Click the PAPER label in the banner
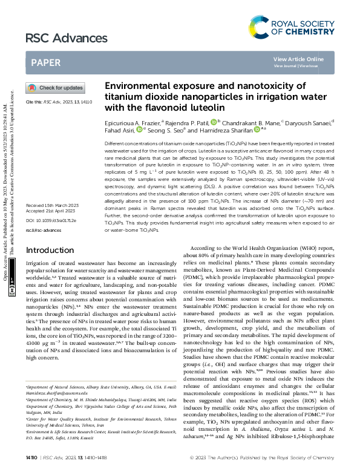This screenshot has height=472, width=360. [45, 62]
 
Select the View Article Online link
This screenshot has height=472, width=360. [298, 59]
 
